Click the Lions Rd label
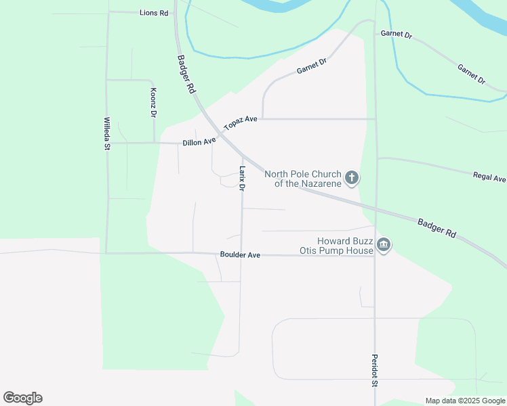pyautogui.click(x=154, y=13)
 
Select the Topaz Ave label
pyautogui.click(x=241, y=122)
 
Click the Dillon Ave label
pyautogui.click(x=199, y=142)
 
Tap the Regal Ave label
pyautogui.click(x=489, y=177)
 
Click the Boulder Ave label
pyautogui.click(x=240, y=255)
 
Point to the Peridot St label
pyautogui.click(x=374, y=371)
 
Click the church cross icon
pyautogui.click(x=351, y=178)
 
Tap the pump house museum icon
pyautogui.click(x=383, y=244)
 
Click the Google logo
pyautogui.click(x=22, y=398)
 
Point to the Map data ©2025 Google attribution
pyautogui.click(x=465, y=401)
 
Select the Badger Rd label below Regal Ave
pyautogui.click(x=437, y=227)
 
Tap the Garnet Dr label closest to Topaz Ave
pyautogui.click(x=312, y=66)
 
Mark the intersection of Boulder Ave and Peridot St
pyautogui.click(x=375, y=256)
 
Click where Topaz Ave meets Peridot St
pyautogui.click(x=375, y=119)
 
